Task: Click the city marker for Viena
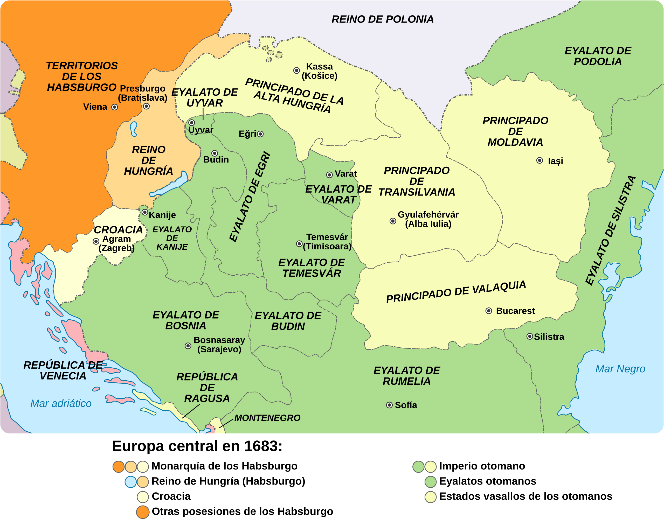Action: click(x=115, y=107)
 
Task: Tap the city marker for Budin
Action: click(x=215, y=153)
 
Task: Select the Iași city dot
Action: click(x=540, y=160)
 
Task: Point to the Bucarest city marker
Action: click(x=489, y=311)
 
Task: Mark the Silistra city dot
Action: click(x=530, y=336)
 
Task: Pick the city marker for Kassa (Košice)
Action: click(x=297, y=71)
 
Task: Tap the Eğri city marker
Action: click(x=261, y=134)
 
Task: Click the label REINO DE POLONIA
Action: click(x=383, y=19)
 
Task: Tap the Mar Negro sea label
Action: click(x=620, y=369)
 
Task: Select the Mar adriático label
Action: click(x=61, y=403)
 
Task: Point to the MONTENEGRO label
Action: click(x=267, y=418)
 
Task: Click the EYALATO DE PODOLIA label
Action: click(x=598, y=56)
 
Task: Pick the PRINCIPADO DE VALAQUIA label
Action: click(x=456, y=291)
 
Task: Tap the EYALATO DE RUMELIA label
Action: click(x=407, y=376)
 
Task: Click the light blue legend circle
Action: click(x=131, y=482)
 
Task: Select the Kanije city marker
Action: click(x=145, y=212)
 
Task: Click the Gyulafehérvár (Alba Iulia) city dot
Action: click(x=393, y=221)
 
